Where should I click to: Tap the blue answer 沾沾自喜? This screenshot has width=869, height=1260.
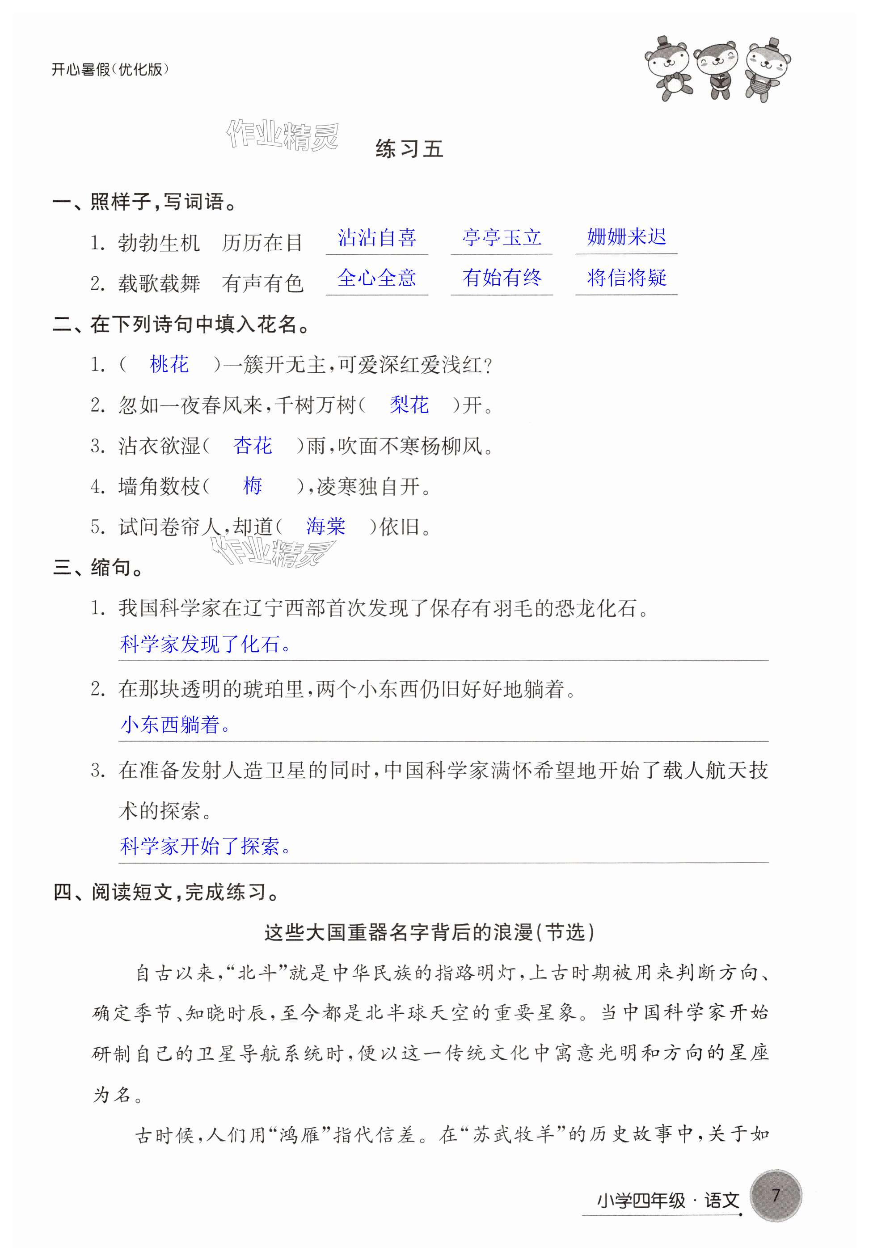point(377,238)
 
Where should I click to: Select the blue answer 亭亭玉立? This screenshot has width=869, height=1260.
point(502,238)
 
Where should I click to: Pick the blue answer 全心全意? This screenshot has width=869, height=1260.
point(377,278)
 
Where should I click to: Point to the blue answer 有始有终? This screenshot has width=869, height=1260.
point(502,278)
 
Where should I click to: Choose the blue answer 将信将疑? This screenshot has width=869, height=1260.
point(626,278)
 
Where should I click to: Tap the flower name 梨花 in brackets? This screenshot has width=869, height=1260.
point(409,405)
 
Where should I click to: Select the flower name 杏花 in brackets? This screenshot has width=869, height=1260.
point(252,446)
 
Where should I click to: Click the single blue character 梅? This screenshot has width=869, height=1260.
point(253,485)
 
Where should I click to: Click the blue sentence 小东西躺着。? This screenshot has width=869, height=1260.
point(175,725)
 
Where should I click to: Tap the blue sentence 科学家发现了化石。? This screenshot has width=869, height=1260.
point(205,645)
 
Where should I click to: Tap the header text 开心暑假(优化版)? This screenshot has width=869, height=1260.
point(110,70)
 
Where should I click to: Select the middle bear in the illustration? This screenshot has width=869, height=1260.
point(717,70)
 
